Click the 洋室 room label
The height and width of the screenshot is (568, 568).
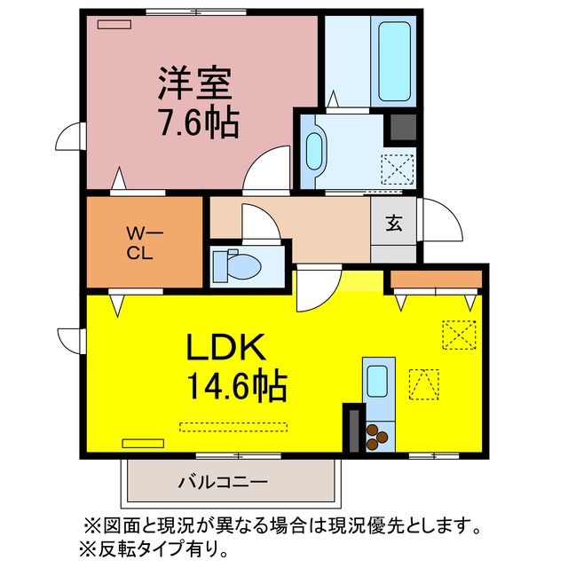pyautogui.click(x=194, y=83)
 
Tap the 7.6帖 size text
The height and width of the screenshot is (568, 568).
pyautogui.click(x=199, y=122)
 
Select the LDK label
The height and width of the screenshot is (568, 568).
pyautogui.click(x=225, y=347)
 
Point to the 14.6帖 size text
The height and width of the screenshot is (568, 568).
pyautogui.click(x=237, y=387)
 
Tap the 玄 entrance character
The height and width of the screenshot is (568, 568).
pyautogui.click(x=394, y=223)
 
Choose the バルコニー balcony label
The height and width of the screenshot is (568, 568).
pyautogui.click(x=223, y=482)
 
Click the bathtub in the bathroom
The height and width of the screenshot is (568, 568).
pyautogui.click(x=394, y=61)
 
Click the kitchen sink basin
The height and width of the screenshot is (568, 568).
pyautogui.click(x=377, y=381)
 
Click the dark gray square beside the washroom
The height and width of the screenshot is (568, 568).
pyautogui.click(x=402, y=127)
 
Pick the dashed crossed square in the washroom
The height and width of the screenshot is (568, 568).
pyautogui.click(x=398, y=170)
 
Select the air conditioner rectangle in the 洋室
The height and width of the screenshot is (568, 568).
pyautogui.click(x=114, y=24)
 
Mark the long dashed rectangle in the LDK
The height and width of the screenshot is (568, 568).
pyautogui.click(x=233, y=427)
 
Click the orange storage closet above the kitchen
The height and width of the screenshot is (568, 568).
pyautogui.click(x=437, y=280)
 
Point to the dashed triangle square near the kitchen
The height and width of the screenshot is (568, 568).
pyautogui.click(x=424, y=384)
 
